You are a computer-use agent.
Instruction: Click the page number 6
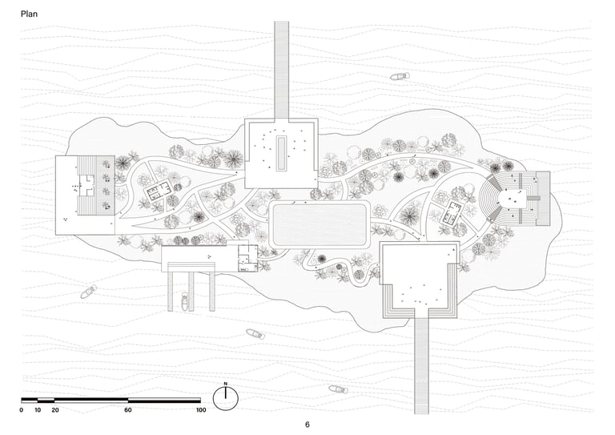click(307, 425)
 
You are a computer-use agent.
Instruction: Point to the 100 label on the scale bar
click(200, 410)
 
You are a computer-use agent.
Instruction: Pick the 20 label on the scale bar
click(55, 410)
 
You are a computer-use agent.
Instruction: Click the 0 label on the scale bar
click(22, 410)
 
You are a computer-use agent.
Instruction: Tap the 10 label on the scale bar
click(38, 410)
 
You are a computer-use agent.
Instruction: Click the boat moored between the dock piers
click(185, 302)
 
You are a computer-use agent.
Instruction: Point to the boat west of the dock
click(87, 292)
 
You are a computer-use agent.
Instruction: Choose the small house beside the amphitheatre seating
click(452, 213)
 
